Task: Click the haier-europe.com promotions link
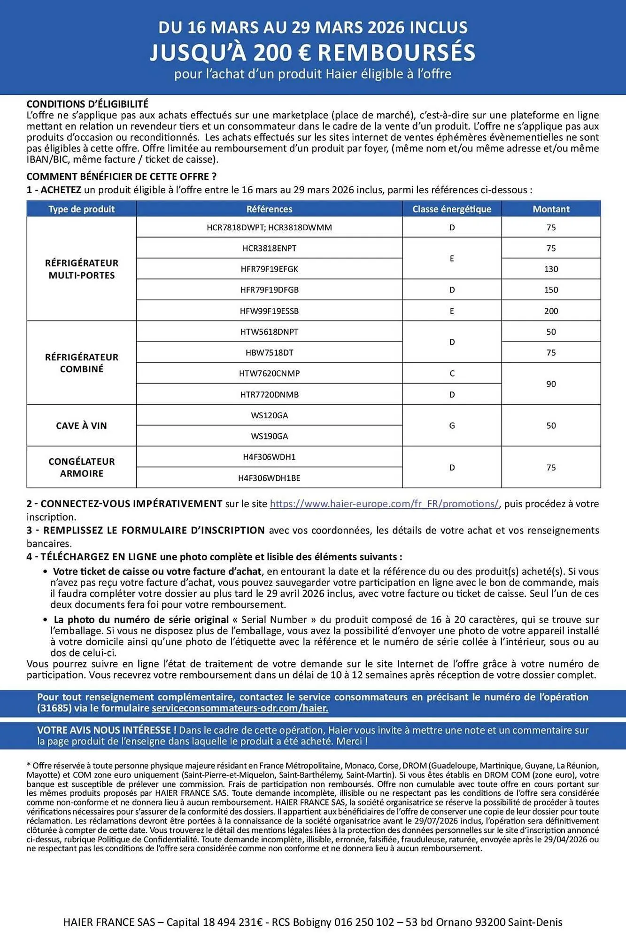point(384,504)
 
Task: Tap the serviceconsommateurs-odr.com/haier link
point(240,708)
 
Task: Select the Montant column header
point(551,209)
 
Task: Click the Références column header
point(269,209)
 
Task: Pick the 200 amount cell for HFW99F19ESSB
point(551,311)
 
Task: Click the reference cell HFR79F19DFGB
point(269,290)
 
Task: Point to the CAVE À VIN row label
point(81,426)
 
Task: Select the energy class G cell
point(452,426)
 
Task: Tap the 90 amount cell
point(551,384)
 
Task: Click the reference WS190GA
point(269,436)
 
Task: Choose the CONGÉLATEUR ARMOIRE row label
point(81,467)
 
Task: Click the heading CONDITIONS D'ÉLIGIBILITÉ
point(87,104)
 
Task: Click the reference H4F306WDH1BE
point(269,478)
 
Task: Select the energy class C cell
point(452,374)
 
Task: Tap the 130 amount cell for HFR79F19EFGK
point(551,269)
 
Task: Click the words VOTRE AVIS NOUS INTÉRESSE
point(107,730)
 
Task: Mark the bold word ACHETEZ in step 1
point(61,190)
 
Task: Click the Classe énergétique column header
point(452,209)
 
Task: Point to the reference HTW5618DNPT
point(269,332)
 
